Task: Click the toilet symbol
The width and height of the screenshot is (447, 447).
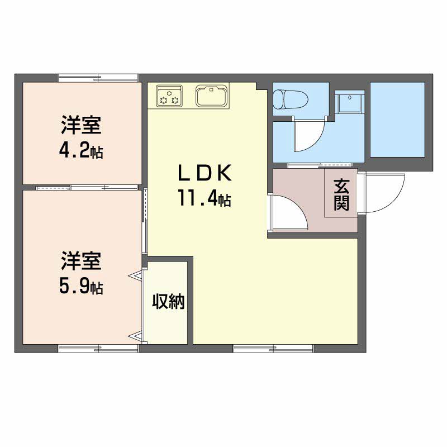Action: pos(291,99)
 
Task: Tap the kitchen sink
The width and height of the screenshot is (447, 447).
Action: pos(212,96)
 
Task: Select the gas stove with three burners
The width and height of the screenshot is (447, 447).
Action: pos(169,96)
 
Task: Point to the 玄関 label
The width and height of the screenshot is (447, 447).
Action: pos(341,194)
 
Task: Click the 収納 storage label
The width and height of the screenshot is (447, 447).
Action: pos(168,301)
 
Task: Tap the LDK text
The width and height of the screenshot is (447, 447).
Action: pos(205,173)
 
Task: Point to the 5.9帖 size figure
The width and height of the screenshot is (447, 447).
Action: pos(81,286)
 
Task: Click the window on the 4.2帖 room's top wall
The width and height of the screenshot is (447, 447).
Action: pos(98,78)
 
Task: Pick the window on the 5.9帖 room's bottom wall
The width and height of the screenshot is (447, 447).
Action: pos(98,348)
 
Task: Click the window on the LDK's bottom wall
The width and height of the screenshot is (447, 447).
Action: pos(273,348)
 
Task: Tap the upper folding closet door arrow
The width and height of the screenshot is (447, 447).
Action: pos(135,275)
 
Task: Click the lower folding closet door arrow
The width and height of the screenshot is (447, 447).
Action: pos(135,337)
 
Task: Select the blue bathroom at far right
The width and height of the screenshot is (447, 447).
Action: pos(397,120)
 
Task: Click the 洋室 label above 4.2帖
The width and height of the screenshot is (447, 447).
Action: pos(81,125)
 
